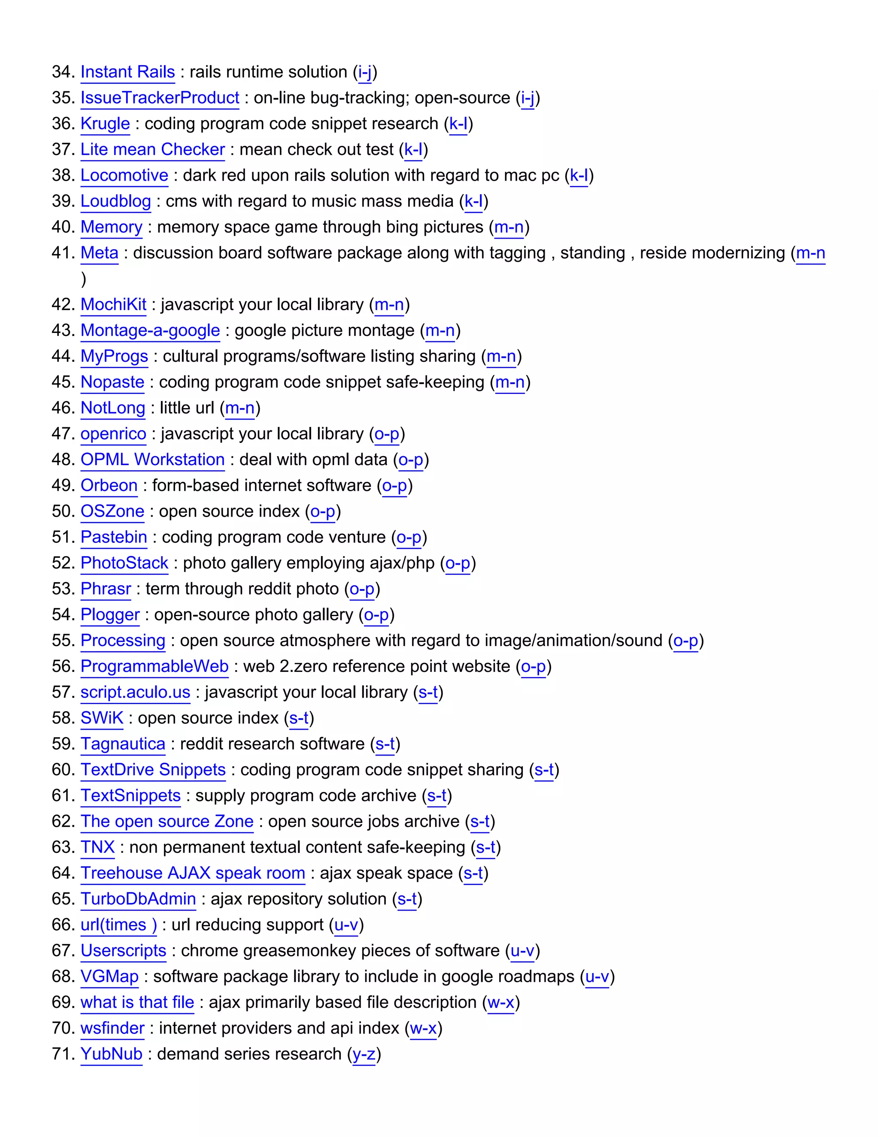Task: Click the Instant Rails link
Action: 127,72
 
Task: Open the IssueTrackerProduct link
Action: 160,98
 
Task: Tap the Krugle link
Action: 105,124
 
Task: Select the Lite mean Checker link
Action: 152,149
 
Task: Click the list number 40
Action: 64,227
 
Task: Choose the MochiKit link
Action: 113,305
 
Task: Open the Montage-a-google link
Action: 150,330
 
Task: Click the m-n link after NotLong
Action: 239,408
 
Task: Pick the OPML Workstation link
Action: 152,460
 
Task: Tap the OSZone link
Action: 112,511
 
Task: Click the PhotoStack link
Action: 124,563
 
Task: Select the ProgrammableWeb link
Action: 155,666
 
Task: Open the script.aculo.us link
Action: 135,692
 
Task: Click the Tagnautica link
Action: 123,744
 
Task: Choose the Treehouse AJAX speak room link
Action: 193,873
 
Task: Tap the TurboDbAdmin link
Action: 138,899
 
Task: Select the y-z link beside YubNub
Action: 364,1054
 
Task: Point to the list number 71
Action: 64,1054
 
